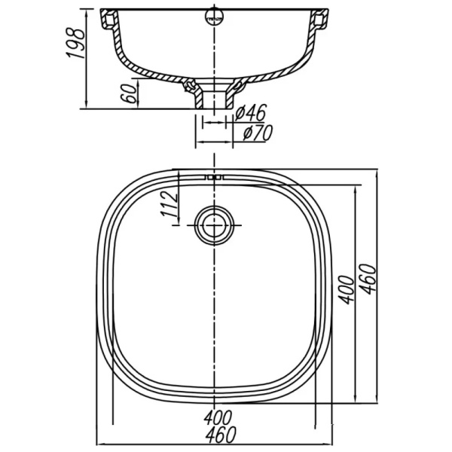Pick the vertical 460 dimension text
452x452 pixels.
pyautogui.click(x=368, y=279)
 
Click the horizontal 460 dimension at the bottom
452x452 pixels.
pyautogui.click(x=216, y=435)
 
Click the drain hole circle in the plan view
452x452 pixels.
pyautogui.click(x=215, y=224)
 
